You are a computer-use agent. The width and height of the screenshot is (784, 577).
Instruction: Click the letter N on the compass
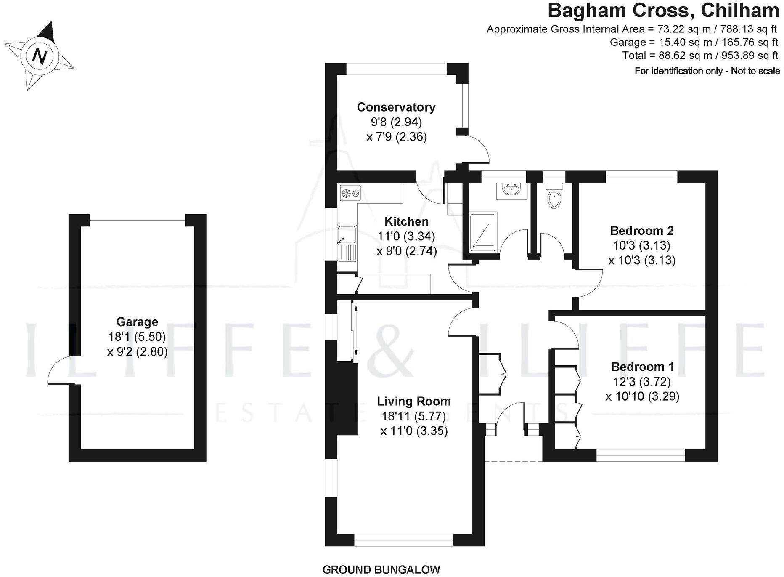(x=40, y=56)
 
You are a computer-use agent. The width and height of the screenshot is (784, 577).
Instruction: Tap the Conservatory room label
(x=396, y=107)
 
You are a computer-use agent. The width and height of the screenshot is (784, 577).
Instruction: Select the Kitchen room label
(x=406, y=221)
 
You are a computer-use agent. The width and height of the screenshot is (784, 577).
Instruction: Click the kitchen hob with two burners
(x=350, y=193)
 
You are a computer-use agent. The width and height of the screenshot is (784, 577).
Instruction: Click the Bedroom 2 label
(x=641, y=231)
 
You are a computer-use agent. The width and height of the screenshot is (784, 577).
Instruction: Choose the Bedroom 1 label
(x=642, y=367)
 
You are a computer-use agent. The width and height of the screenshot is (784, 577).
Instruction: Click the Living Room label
(x=413, y=402)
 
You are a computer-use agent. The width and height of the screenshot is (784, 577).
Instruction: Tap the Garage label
(x=137, y=322)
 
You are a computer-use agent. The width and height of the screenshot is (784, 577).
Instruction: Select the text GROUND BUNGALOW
(x=381, y=569)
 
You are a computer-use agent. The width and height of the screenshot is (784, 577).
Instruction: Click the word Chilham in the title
(x=740, y=11)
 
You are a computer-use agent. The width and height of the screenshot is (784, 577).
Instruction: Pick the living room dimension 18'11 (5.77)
(x=413, y=416)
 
